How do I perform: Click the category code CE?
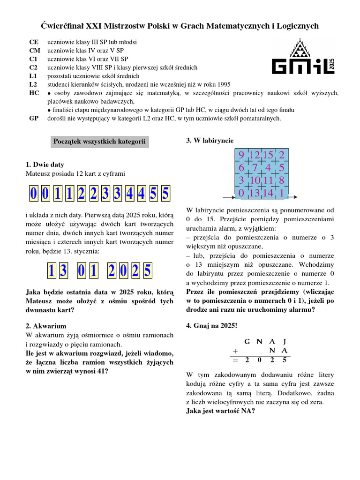click(33, 42)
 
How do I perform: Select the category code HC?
click(33, 93)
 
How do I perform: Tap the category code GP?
click(33, 119)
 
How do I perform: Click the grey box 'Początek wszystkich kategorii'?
click(99, 141)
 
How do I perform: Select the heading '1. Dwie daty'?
click(45, 165)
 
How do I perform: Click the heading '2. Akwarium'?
click(46, 326)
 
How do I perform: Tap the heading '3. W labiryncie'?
click(210, 141)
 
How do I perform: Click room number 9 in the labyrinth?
click(241, 155)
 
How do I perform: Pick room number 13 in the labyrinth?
click(255, 193)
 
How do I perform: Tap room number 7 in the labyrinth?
click(255, 168)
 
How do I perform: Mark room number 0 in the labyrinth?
click(241, 193)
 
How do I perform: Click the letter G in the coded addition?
click(247, 342)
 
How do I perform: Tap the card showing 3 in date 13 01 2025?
click(64, 271)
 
